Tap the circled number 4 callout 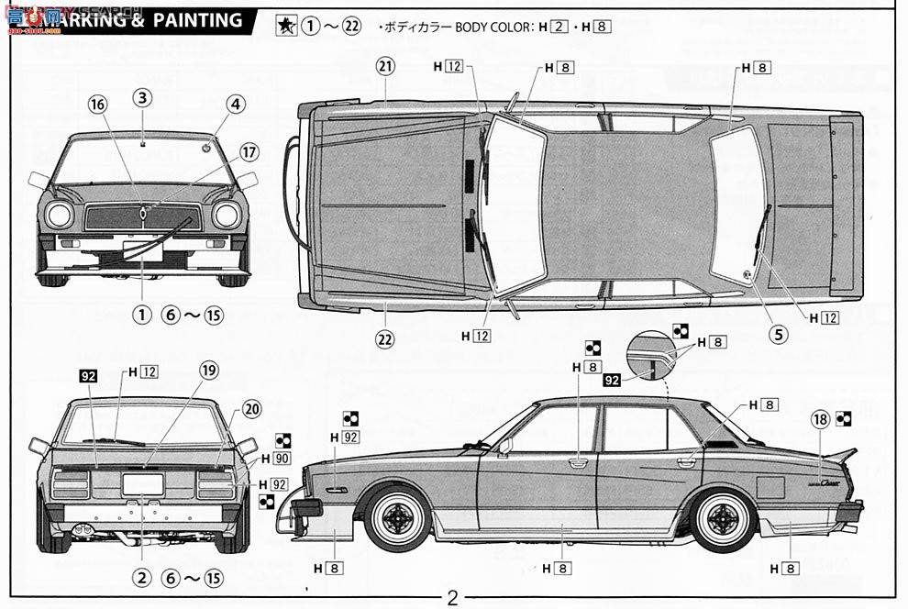[236, 105]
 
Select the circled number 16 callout [97, 105]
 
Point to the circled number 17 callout [249, 151]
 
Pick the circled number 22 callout [384, 338]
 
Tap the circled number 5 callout [779, 334]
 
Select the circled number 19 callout [208, 371]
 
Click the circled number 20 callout [252, 409]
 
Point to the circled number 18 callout [821, 419]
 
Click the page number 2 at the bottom [452, 597]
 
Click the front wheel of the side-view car [397, 518]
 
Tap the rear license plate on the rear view [142, 483]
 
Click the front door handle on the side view [578, 462]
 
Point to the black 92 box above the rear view [88, 374]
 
